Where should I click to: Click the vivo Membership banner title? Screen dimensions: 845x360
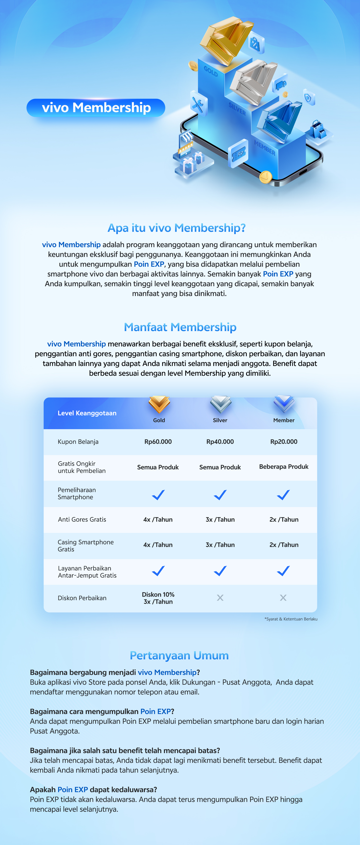click(96, 108)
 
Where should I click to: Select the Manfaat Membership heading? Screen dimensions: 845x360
click(180, 327)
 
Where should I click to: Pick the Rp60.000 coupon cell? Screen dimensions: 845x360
click(158, 442)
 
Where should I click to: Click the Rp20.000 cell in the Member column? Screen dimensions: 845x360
click(284, 442)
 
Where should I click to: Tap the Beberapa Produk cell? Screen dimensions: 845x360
click(284, 466)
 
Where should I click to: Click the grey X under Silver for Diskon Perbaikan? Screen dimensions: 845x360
click(220, 598)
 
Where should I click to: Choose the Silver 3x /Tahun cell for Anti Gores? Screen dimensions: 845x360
click(220, 519)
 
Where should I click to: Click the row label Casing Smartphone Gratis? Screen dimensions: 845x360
click(85, 545)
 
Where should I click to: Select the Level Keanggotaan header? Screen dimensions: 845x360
click(87, 413)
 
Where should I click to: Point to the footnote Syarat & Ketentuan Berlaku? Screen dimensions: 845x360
click(291, 619)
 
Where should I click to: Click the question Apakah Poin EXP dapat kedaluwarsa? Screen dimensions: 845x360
click(93, 789)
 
